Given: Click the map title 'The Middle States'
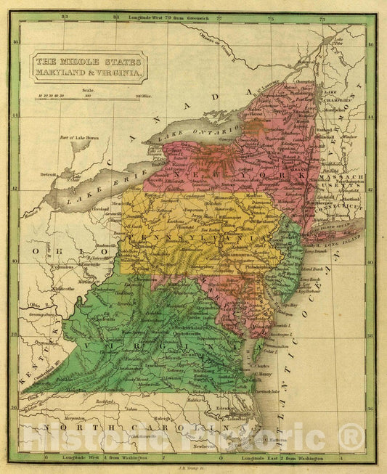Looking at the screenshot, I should click(x=87, y=61).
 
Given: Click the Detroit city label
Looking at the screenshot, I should click(x=49, y=175).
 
